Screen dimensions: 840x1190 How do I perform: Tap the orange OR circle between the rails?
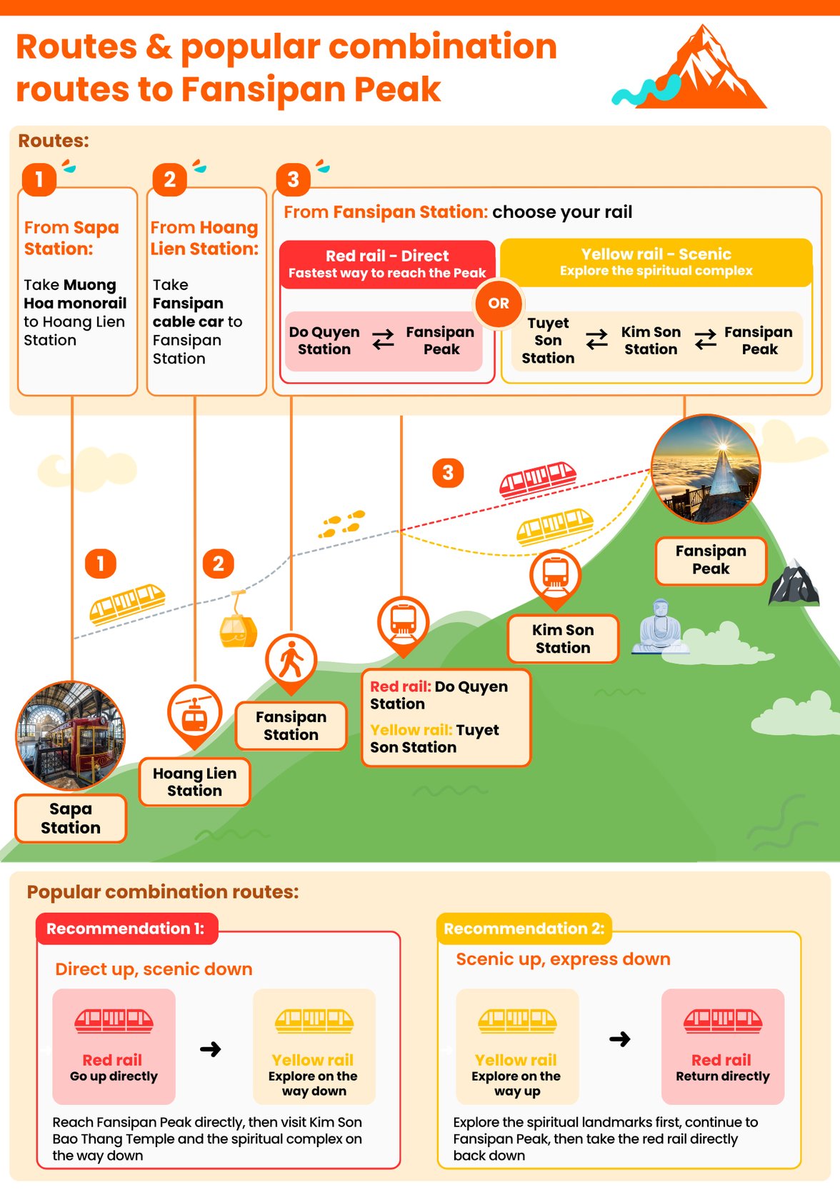click(499, 304)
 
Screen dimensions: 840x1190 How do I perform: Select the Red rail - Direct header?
click(387, 264)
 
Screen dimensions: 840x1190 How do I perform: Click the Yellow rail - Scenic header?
click(656, 262)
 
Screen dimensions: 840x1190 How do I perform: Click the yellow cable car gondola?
click(238, 621)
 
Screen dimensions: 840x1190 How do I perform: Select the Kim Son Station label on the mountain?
click(563, 639)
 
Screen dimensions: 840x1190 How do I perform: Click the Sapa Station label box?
click(71, 818)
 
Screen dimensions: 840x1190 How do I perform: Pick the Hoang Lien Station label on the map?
click(194, 782)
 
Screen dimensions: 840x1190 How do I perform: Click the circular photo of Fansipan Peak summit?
click(706, 469)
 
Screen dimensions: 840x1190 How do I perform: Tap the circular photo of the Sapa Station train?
click(71, 735)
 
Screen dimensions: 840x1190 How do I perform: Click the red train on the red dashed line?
click(538, 479)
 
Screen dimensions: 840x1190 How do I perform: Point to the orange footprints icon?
click(342, 524)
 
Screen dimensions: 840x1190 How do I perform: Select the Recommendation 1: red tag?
click(127, 929)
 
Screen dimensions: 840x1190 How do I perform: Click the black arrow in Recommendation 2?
click(619, 1039)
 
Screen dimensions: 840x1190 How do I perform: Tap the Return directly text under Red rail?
click(723, 1076)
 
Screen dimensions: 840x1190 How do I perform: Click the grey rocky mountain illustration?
click(794, 583)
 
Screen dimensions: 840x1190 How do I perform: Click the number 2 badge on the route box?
click(169, 179)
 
